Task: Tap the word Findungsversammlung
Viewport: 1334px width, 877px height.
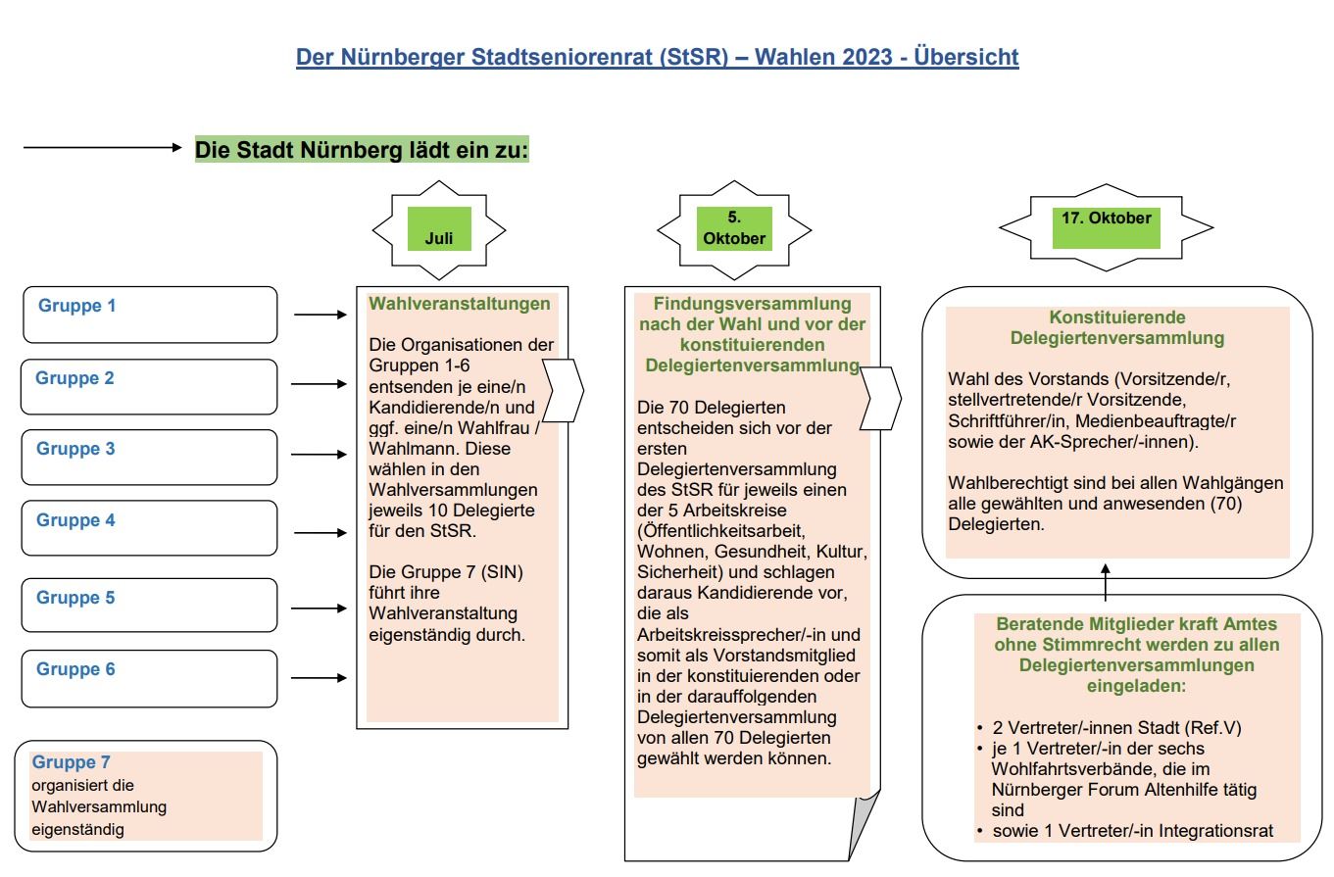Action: click(x=753, y=304)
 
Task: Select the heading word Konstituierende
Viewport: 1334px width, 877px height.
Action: click(x=1104, y=318)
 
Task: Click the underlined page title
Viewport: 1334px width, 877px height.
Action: click(x=658, y=57)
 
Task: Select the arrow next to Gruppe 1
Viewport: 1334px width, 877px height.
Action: click(x=321, y=316)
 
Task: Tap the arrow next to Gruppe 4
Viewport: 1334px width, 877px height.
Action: click(x=321, y=533)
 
